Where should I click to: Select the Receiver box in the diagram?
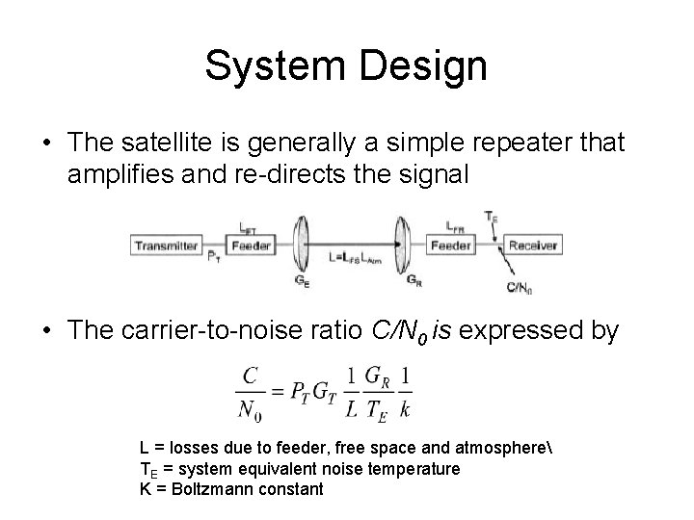click(x=532, y=247)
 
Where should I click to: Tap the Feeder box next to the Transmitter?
click(x=252, y=247)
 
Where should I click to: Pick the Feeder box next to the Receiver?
click(x=450, y=247)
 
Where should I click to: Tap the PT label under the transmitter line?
click(x=213, y=257)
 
